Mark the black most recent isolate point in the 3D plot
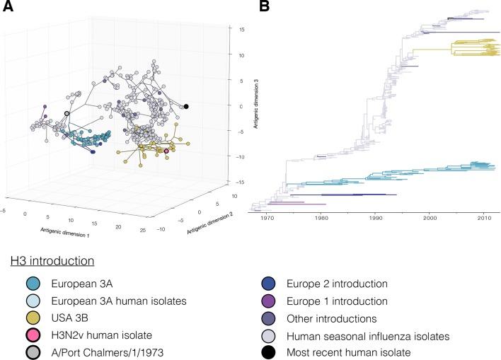(186, 106)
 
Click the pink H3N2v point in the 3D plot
(166, 151)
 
